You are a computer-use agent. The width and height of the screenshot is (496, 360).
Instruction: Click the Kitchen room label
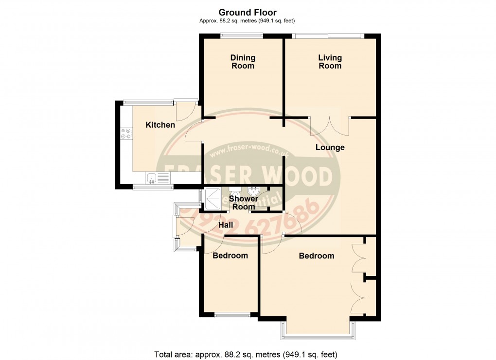pyautogui.click(x=160, y=125)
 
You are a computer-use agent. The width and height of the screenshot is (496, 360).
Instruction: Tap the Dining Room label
pyautogui.click(x=242, y=62)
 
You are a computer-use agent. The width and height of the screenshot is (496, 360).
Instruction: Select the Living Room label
pyautogui.click(x=330, y=62)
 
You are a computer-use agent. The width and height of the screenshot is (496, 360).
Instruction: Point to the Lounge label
pyautogui.click(x=330, y=147)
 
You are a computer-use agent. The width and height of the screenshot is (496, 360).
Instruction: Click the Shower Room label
pyautogui.click(x=243, y=203)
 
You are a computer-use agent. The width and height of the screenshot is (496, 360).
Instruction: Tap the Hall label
pyautogui.click(x=226, y=225)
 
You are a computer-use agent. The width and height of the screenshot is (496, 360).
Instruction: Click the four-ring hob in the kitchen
pyautogui.click(x=126, y=133)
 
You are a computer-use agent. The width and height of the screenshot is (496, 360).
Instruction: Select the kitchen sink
pyautogui.click(x=152, y=179)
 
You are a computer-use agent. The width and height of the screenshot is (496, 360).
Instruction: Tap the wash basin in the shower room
pyautogui.click(x=253, y=190)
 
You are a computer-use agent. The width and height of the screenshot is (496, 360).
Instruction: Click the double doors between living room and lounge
pyautogui.click(x=330, y=125)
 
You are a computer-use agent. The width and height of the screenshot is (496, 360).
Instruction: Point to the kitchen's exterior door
pyautogui.click(x=185, y=110)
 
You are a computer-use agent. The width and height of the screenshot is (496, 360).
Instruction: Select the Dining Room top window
pyautogui.click(x=241, y=34)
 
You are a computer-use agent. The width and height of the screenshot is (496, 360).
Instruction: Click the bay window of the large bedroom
pyautogui.click(x=317, y=330)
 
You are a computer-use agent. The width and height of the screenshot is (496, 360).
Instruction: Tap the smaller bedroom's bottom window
pyautogui.click(x=231, y=315)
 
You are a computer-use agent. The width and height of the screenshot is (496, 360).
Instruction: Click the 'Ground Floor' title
pyautogui.click(x=248, y=12)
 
